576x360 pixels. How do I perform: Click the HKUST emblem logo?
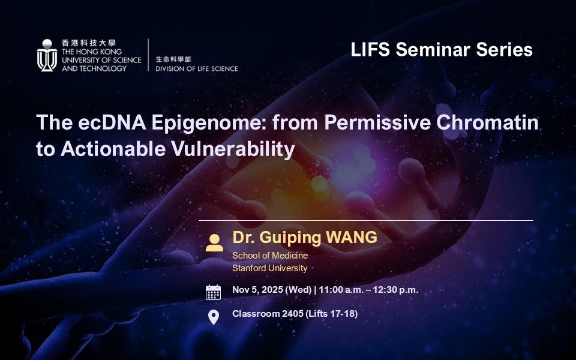47,55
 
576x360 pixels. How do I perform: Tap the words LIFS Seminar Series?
442,50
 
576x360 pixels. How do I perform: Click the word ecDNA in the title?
112,122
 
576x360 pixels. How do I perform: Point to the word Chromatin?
487,122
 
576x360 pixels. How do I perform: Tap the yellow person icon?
214,243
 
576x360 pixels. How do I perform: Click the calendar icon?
214,292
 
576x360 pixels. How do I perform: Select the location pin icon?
214,317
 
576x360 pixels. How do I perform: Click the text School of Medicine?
270,256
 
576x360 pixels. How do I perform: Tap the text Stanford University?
269,268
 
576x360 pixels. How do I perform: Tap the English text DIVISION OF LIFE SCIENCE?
197,68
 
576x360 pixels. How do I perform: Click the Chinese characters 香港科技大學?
89,43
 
